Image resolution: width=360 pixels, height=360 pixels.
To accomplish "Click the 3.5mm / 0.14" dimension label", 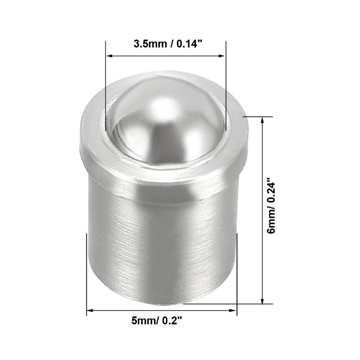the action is tap(168, 44).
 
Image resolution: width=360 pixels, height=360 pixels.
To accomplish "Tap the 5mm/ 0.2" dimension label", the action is tap(157, 320).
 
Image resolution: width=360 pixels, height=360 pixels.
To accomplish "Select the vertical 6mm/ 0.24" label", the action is tap(271, 205).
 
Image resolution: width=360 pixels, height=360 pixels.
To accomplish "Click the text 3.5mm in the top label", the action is tap(150, 44).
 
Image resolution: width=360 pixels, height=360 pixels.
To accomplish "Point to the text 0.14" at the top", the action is tap(189, 44).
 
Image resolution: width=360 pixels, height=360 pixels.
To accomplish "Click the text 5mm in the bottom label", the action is tap(143, 321).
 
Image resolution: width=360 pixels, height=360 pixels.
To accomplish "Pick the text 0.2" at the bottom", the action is tap(172, 320).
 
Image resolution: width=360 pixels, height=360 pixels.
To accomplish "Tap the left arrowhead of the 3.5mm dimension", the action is tap(109, 56).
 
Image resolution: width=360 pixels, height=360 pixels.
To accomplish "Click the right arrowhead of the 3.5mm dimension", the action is tap(222, 56).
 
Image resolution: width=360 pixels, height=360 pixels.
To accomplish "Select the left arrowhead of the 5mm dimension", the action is tap(90, 311).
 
